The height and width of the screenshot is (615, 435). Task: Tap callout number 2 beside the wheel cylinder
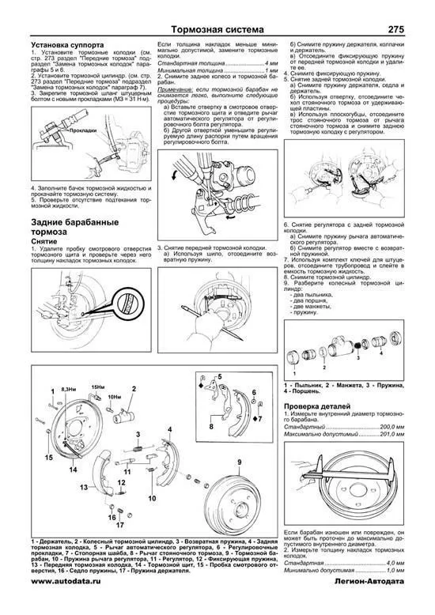click(x=134, y=388)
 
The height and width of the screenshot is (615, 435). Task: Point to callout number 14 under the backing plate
click(x=72, y=470)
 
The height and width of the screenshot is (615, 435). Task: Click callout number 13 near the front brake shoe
click(x=83, y=487)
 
